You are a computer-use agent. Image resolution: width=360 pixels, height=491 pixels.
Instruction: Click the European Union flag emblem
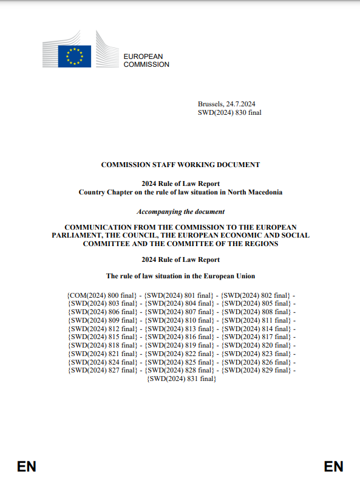click(x=75, y=56)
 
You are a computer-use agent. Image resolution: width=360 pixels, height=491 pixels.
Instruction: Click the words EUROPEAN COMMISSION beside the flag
click(x=146, y=60)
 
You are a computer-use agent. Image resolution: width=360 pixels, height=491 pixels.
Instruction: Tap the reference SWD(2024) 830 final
click(x=229, y=112)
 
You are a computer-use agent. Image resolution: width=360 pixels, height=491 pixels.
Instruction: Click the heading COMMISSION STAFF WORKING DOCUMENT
click(x=180, y=165)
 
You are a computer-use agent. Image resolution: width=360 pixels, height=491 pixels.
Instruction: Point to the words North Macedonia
click(x=256, y=192)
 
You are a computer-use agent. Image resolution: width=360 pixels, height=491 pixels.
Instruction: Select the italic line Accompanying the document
click(x=180, y=211)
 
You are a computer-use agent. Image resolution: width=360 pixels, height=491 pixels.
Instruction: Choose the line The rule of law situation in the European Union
click(x=180, y=276)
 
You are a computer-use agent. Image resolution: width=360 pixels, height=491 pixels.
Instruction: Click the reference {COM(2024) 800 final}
click(x=103, y=295)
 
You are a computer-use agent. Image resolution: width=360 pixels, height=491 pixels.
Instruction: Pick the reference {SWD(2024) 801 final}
click(x=180, y=295)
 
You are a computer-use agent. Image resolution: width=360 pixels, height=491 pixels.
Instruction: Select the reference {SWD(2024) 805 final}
click(x=256, y=303)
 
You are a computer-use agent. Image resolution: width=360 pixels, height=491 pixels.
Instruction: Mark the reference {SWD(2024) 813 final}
click(x=180, y=328)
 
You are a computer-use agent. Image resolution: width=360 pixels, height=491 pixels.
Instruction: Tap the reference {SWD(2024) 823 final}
click(x=256, y=354)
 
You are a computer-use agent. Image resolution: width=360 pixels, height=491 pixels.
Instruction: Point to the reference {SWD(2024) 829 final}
click(x=256, y=370)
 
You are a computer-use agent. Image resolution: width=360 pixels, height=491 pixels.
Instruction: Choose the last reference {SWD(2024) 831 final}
click(x=180, y=378)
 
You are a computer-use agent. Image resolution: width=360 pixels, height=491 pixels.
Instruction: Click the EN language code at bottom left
click(x=27, y=467)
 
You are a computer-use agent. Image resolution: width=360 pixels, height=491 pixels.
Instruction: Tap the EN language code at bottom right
click(x=333, y=467)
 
